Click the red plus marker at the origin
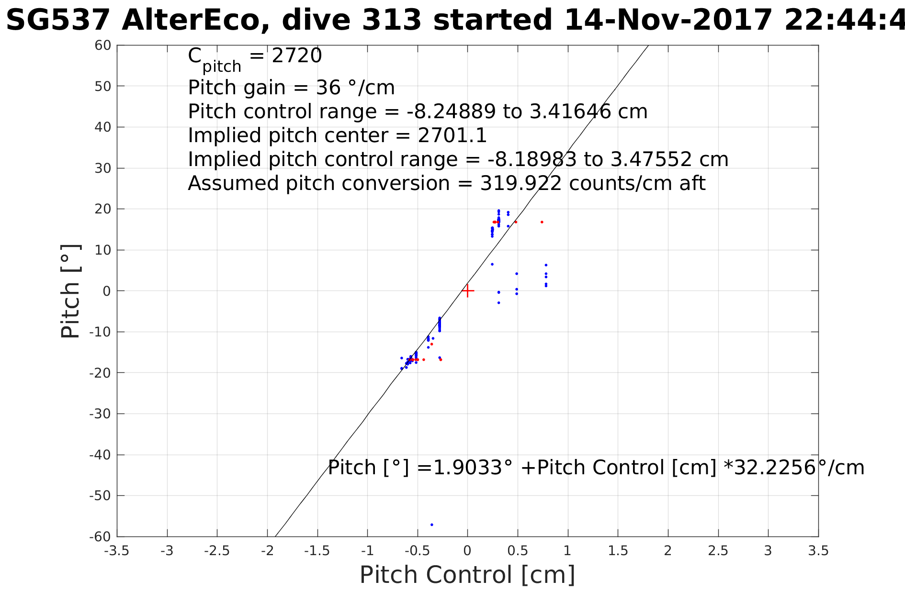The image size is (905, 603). [468, 290]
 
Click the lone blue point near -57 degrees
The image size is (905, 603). [431, 525]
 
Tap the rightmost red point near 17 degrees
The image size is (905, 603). [542, 222]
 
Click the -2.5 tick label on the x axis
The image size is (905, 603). [217, 551]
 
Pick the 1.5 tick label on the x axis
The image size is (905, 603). [618, 551]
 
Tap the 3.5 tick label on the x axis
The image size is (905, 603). [818, 551]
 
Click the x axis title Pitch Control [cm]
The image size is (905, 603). [467, 575]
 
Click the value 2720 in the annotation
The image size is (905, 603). [297, 56]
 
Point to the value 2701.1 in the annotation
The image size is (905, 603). [452, 135]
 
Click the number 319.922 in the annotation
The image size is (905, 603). [521, 183]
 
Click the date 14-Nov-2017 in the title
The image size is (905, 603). [668, 21]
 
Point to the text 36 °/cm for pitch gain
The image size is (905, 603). [355, 88]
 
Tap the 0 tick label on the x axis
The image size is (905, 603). [467, 551]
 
